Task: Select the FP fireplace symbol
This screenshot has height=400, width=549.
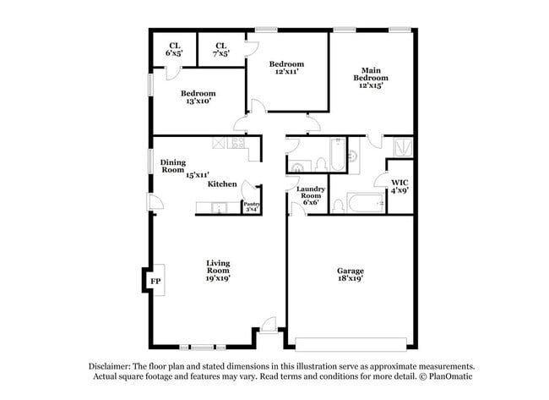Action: pos(155,281)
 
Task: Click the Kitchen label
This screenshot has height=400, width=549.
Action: pos(222,184)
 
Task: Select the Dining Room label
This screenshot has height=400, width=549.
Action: pos(173,166)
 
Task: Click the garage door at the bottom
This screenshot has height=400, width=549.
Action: pos(356,345)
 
